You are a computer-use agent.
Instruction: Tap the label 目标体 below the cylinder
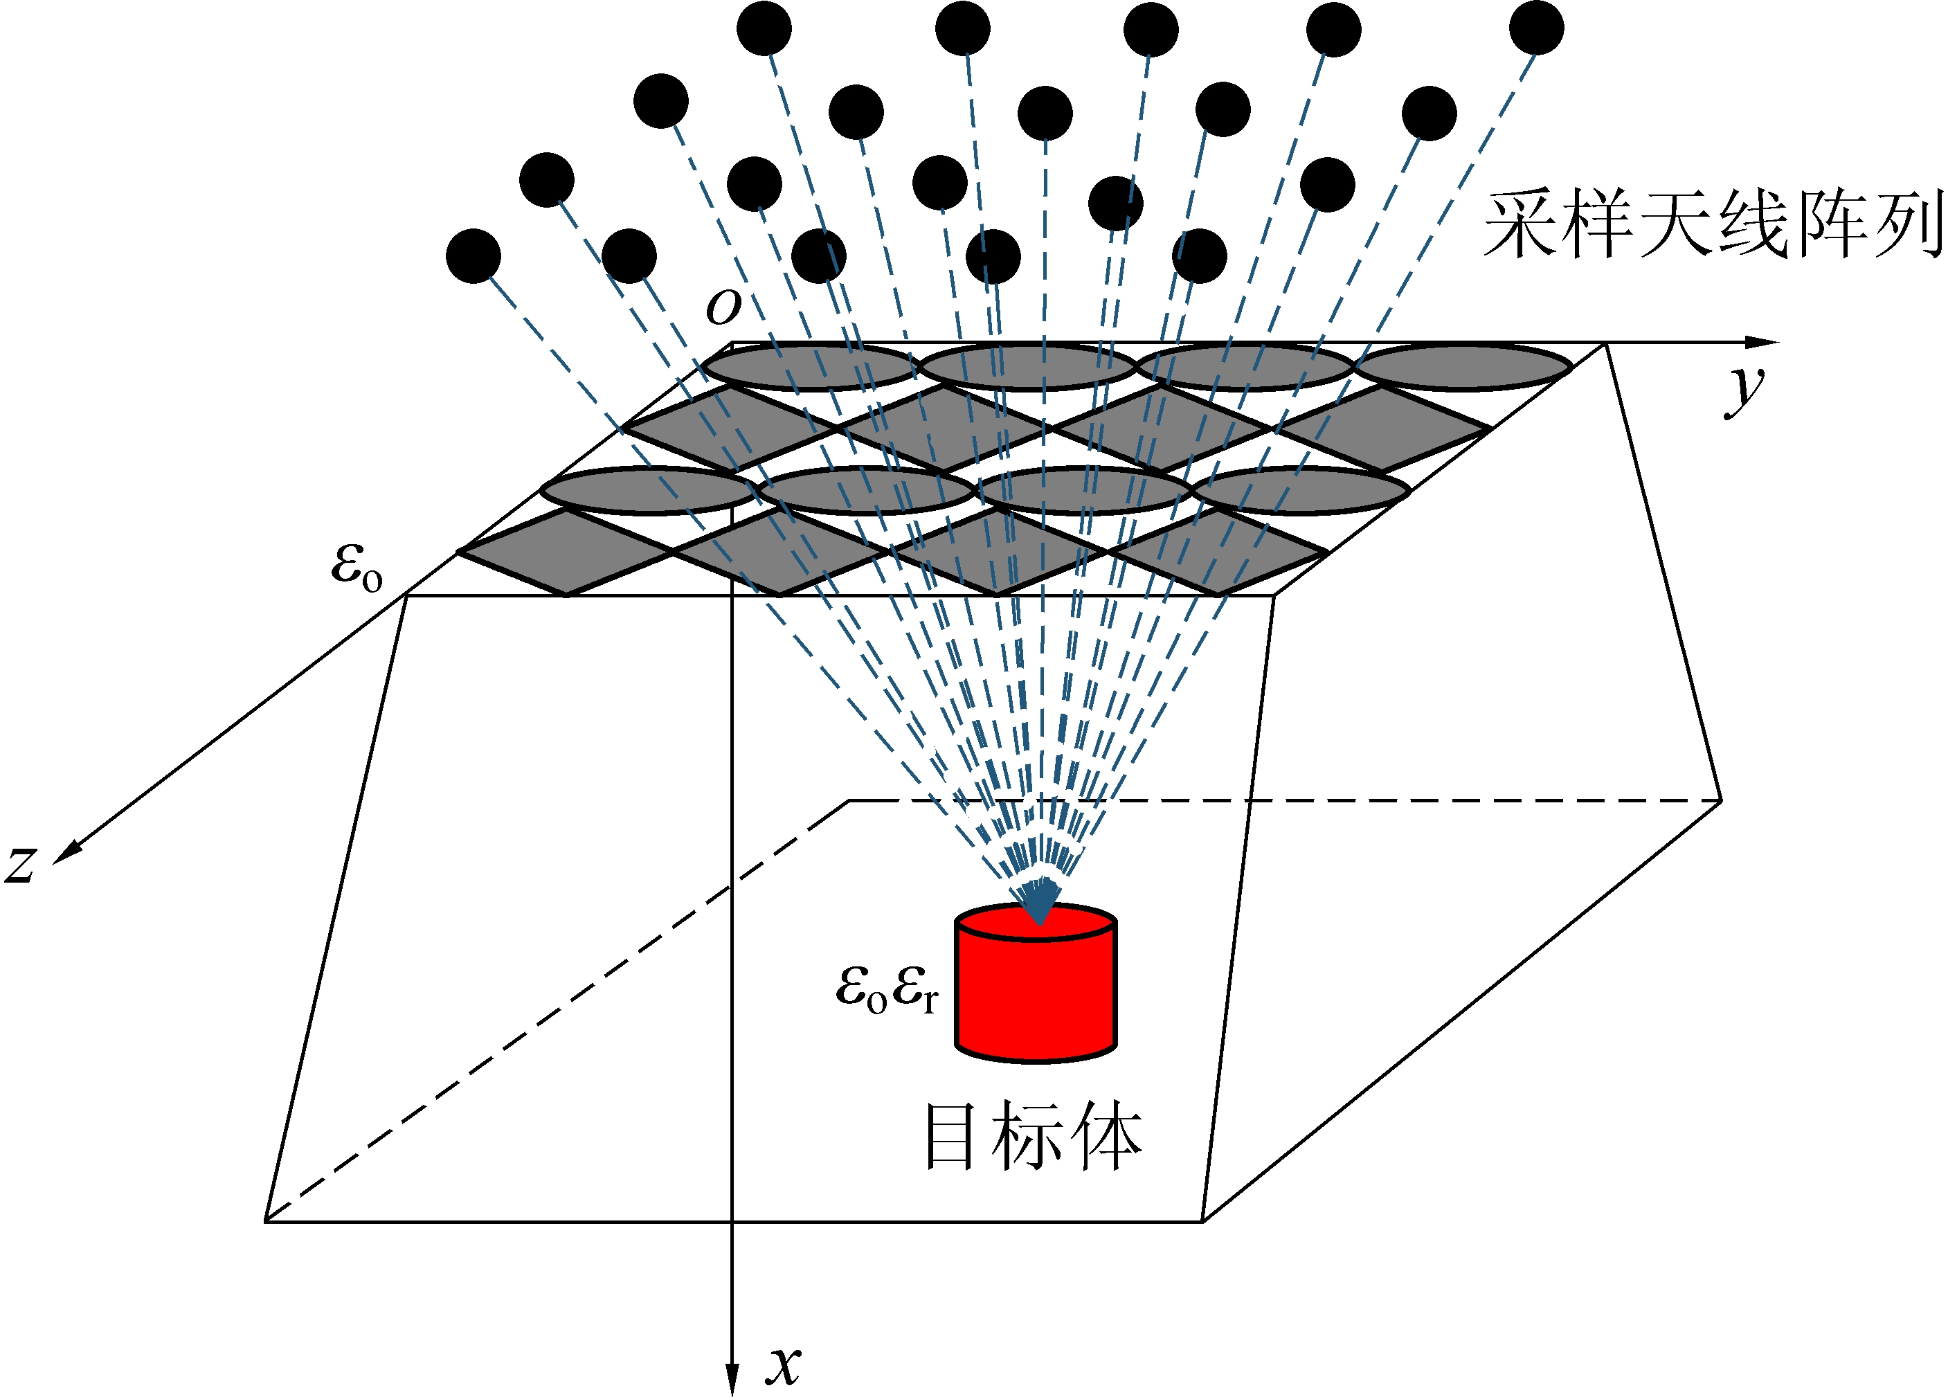click(1032, 1137)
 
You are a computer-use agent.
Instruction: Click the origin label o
click(723, 306)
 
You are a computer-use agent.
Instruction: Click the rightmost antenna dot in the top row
click(1536, 28)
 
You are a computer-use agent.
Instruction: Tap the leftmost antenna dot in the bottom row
click(473, 255)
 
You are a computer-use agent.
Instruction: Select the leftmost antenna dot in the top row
click(764, 28)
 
